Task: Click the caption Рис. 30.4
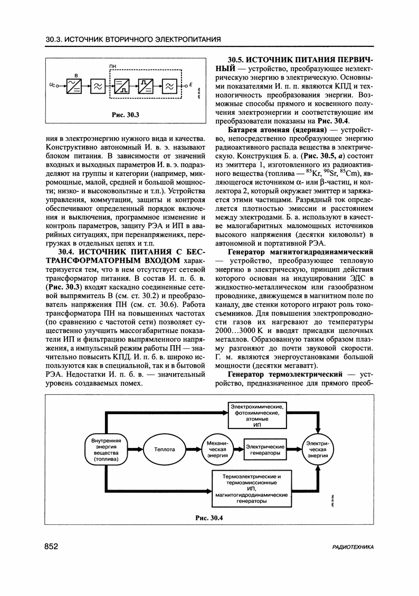[x=209, y=516]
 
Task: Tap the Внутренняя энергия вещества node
[x=108, y=450]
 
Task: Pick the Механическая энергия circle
[x=218, y=450]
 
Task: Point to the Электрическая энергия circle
[x=318, y=450]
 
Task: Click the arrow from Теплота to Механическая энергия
[x=192, y=450]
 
